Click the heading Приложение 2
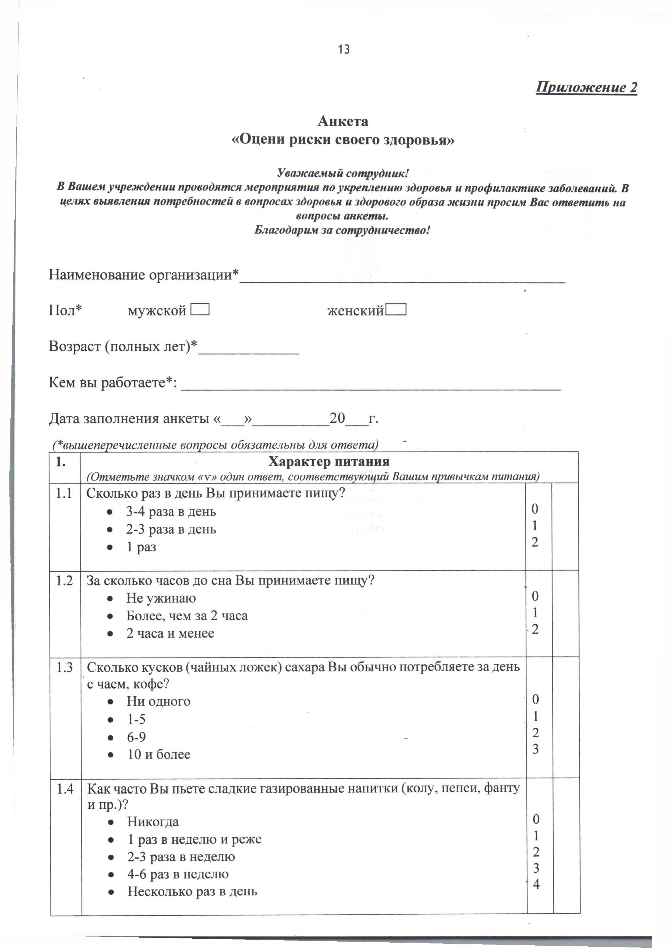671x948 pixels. click(x=586, y=88)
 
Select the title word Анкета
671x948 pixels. click(x=343, y=121)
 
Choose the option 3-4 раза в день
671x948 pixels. click(x=171, y=511)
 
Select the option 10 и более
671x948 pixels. click(x=159, y=754)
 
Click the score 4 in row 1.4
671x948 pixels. click(x=536, y=884)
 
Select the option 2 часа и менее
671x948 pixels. click(x=170, y=633)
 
